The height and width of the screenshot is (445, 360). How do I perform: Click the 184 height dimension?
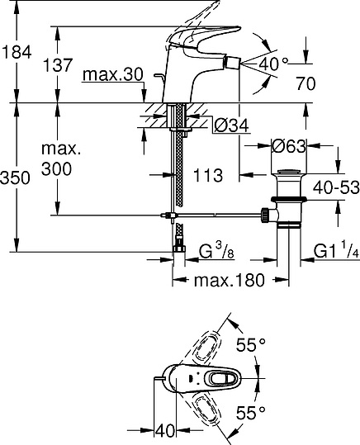coord(17,52)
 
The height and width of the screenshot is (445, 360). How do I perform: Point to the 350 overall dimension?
coord(17,177)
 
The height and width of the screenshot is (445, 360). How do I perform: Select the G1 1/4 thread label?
coord(335,251)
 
